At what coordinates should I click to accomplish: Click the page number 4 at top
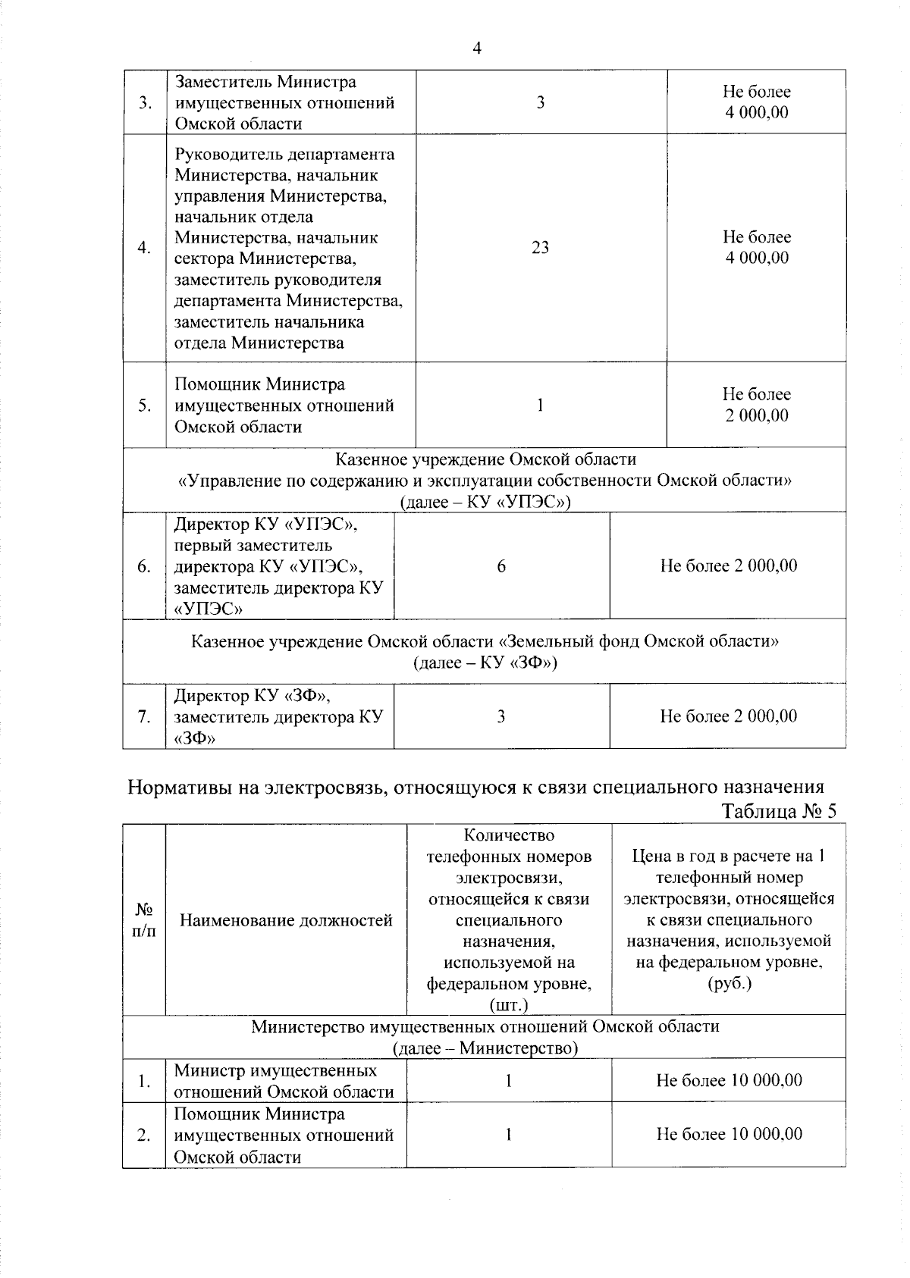click(476, 49)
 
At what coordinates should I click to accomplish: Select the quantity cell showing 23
click(541, 248)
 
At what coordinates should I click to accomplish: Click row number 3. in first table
click(144, 103)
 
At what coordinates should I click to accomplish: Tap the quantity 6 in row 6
click(501, 566)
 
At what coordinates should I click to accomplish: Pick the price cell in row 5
click(756, 405)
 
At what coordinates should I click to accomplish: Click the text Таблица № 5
click(779, 811)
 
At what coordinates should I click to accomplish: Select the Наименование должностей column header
click(286, 920)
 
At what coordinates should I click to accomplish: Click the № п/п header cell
click(144, 920)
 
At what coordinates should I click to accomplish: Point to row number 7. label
click(144, 717)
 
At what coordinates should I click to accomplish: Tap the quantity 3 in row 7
click(501, 717)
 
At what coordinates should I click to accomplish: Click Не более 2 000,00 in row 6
click(728, 566)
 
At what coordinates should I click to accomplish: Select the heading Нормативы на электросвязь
click(475, 787)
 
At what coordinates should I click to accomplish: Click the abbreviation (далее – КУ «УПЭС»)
click(485, 502)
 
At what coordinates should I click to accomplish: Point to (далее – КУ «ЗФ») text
click(485, 663)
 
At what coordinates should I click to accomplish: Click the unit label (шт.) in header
click(509, 1005)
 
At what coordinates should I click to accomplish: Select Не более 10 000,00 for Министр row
click(729, 1080)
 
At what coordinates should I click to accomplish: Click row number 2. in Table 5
click(144, 1135)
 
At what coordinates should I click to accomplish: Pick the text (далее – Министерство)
click(485, 1048)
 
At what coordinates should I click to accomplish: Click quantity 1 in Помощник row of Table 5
click(509, 1135)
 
